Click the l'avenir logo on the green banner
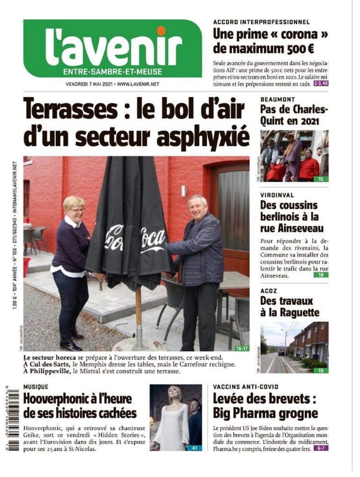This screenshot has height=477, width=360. [x=114, y=47]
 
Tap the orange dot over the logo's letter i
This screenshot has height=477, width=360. [x=161, y=31]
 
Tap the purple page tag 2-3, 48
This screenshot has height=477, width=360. [x=321, y=83]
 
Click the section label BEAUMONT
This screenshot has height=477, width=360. [x=277, y=99]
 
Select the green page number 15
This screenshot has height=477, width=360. [x=321, y=179]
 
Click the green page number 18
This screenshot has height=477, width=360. [x=321, y=275]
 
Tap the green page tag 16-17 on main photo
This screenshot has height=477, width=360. [x=242, y=348]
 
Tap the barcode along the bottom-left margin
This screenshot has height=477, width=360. [x=14, y=416]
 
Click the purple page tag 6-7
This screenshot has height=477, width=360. [x=321, y=448]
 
